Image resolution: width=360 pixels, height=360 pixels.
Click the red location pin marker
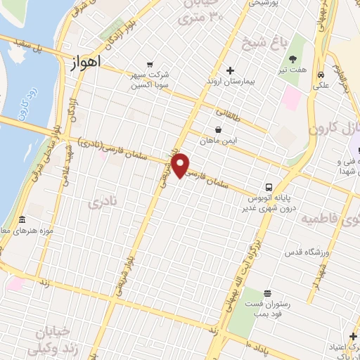pos(181,165)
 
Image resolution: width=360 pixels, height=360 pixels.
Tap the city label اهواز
pos(86,62)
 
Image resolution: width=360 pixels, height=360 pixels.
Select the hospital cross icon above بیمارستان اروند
pos(230,70)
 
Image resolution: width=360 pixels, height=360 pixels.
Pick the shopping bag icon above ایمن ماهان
pos(219,129)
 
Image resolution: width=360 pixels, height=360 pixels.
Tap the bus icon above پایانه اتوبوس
pos(269,187)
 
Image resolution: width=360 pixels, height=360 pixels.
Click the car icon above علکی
pos(321,75)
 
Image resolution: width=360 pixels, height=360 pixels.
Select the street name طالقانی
pos(228,112)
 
